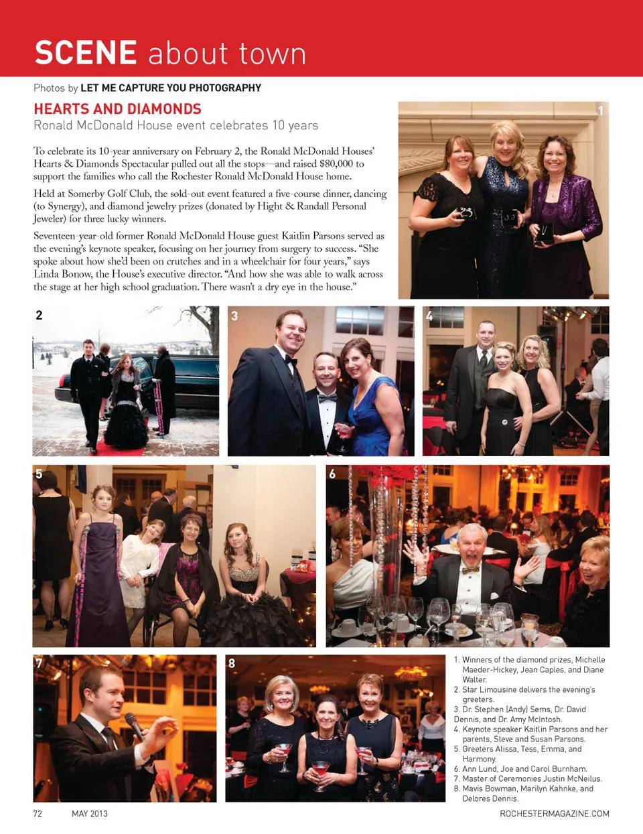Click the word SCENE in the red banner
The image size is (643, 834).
tap(86, 53)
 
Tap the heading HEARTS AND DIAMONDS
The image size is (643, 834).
tap(117, 109)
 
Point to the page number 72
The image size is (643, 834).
tap(38, 813)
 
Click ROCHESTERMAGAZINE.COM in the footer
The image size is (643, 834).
tap(554, 813)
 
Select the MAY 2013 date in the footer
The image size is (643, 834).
tap(90, 813)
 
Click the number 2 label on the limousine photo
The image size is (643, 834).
tap(39, 315)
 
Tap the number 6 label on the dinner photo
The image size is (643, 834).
tap(332, 474)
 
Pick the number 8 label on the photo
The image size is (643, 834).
tap(232, 663)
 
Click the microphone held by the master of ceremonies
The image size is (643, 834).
tap(134, 725)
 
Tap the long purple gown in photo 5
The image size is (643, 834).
tap(100, 583)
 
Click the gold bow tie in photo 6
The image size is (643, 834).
tap(470, 570)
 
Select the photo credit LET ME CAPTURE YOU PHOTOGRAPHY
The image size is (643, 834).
tap(171, 88)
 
